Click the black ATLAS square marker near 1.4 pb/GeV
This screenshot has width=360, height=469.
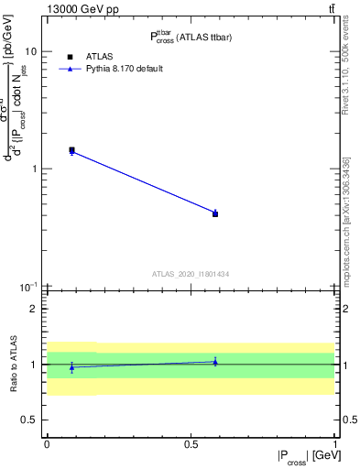pos(71,149)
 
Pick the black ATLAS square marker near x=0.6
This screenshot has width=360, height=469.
pos(215,213)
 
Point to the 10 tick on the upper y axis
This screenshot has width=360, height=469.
pos(30,49)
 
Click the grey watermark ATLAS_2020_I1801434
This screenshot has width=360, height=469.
pos(190,274)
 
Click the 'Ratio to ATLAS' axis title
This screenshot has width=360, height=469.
pos(11,365)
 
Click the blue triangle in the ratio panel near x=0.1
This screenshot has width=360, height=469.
pos(71,367)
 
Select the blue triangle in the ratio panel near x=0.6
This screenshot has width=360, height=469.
pos(215,362)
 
